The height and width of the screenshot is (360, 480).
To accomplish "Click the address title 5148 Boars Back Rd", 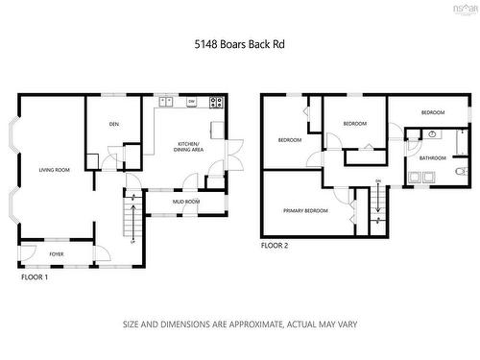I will [240, 44].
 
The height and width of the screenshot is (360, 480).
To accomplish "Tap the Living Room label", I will [55, 170].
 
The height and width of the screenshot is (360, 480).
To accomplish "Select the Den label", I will [113, 125].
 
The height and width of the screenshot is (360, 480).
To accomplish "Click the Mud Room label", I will [185, 203].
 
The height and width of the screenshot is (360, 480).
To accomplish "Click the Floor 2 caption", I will [275, 246].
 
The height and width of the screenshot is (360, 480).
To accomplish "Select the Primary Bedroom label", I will [305, 210].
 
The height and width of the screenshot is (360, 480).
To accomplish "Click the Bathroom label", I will [432, 157].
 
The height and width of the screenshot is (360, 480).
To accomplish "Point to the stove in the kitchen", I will [219, 102].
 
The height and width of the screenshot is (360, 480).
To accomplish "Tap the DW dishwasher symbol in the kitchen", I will [192, 102].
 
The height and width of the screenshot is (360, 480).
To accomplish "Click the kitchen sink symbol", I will [166, 101].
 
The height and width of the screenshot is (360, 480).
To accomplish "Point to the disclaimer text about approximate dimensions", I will [240, 324].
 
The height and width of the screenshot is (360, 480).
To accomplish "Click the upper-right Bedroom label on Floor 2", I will [433, 113].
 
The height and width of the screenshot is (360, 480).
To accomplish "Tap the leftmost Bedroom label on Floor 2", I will [290, 140].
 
